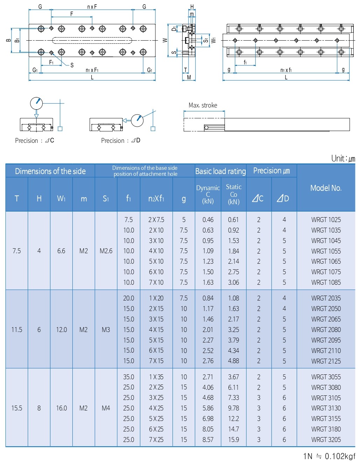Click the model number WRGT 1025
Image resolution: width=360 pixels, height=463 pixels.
tap(326, 220)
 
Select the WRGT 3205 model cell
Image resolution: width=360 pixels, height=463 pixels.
tap(326, 440)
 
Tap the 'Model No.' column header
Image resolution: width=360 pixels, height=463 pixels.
tap(326, 188)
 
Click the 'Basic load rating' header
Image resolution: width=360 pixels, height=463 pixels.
tap(220, 171)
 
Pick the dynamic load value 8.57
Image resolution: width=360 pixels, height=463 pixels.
tap(208, 440)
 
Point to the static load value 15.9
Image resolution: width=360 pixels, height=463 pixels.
tap(233, 440)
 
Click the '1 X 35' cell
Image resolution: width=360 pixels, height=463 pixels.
tap(156, 377)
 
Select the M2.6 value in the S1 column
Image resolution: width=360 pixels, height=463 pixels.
tap(106, 251)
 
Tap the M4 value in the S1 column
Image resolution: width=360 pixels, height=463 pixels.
tap(106, 408)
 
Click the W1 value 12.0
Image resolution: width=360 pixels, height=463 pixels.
tap(61, 330)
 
